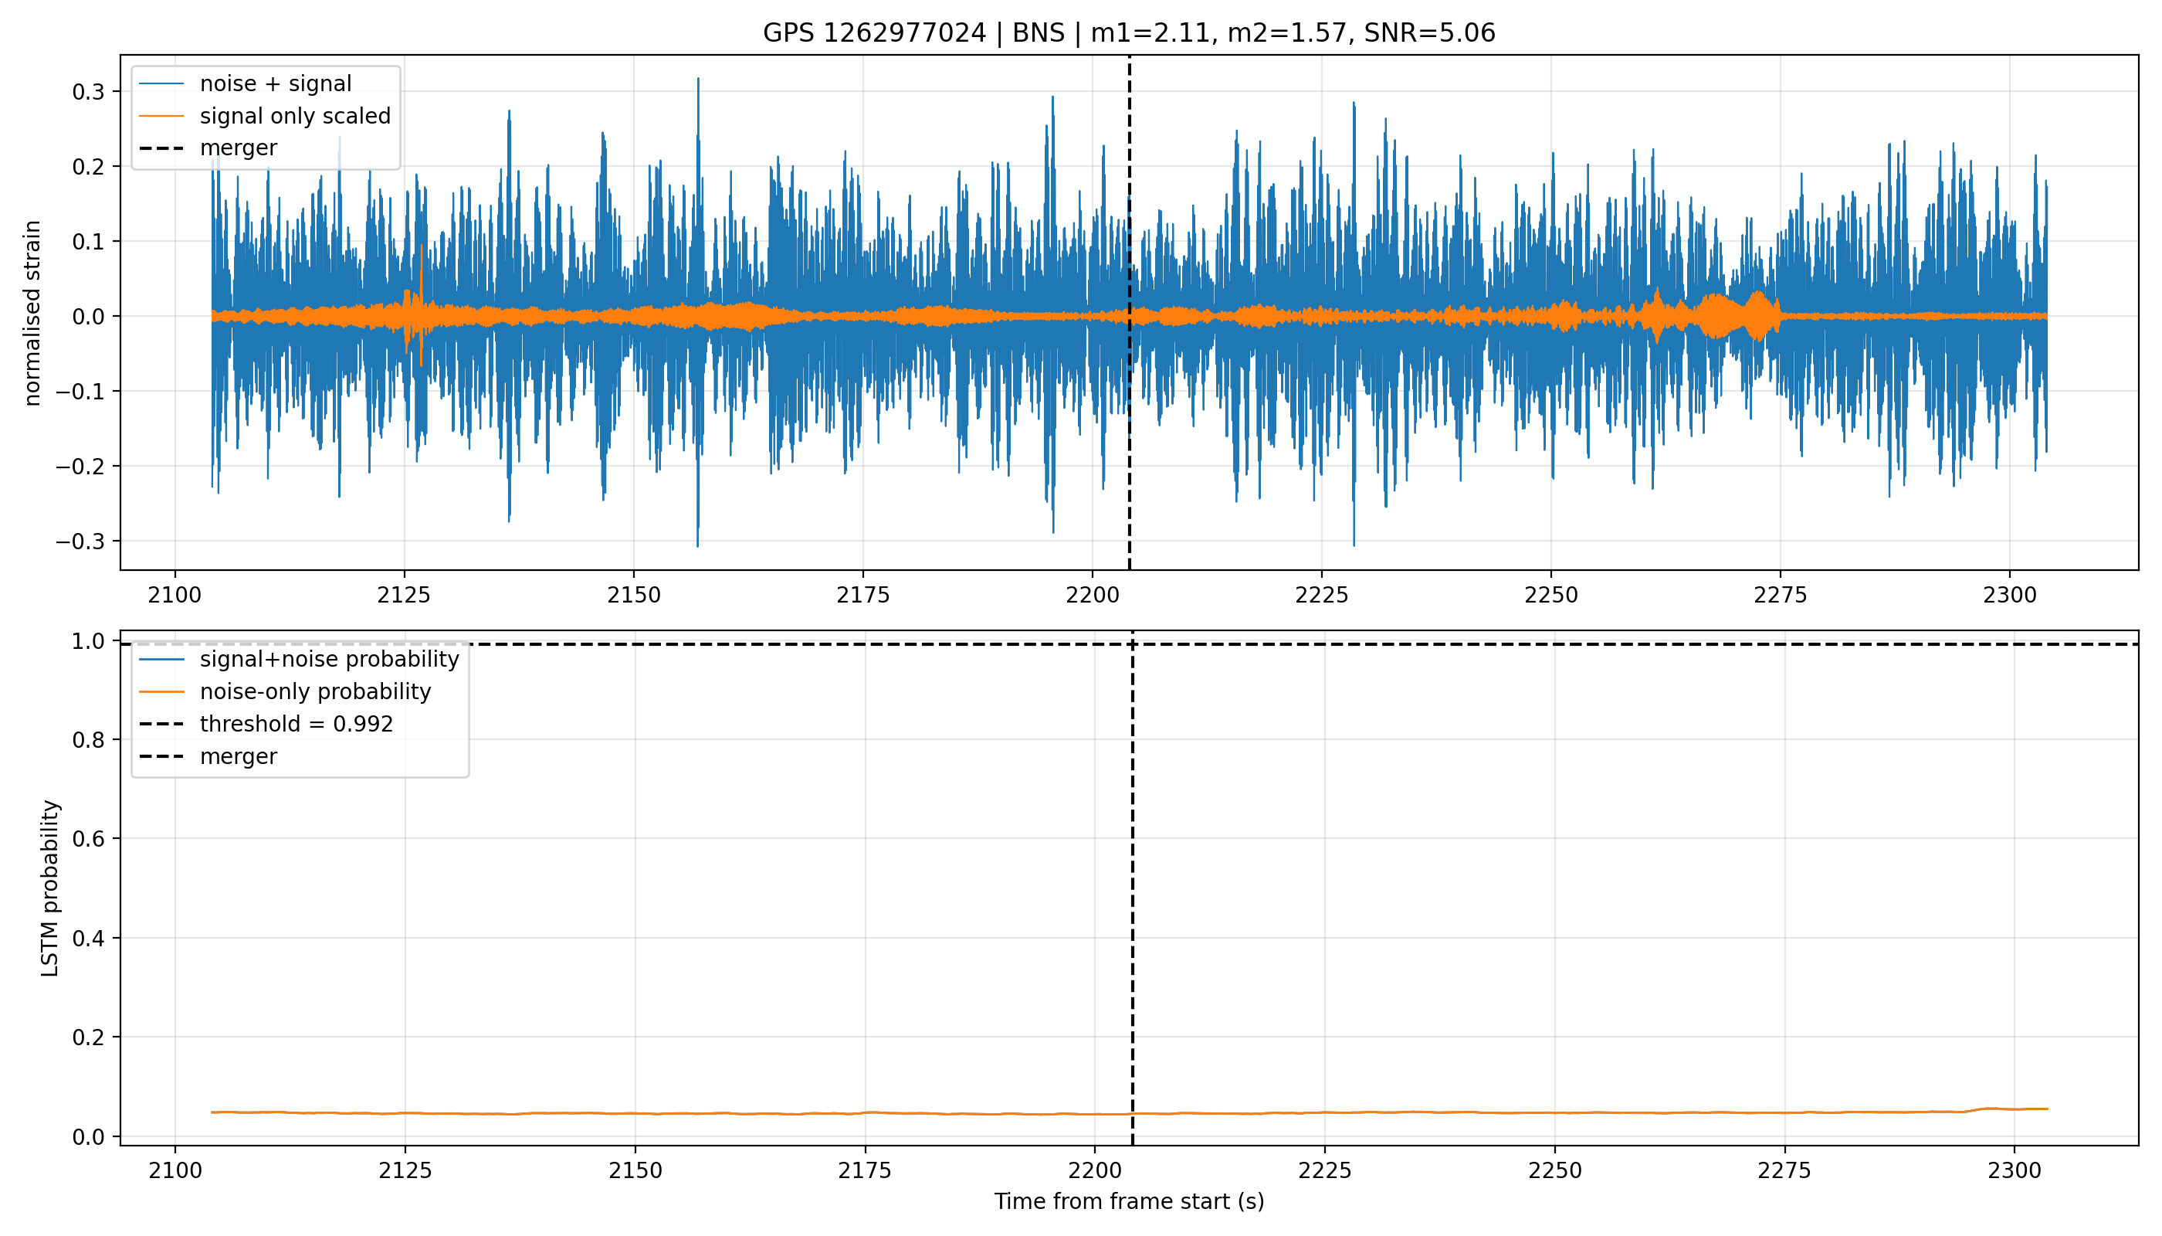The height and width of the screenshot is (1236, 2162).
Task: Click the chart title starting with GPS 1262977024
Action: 1129,33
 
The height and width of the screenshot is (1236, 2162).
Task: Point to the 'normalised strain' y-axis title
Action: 32,313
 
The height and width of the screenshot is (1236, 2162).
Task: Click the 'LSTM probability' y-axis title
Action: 50,888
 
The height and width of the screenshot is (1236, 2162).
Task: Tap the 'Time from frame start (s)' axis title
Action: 1130,1201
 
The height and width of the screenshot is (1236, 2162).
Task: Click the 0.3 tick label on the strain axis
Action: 88,92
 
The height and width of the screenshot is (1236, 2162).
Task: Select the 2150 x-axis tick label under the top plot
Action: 634,595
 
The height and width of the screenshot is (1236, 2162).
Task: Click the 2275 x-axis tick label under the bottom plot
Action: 1785,1170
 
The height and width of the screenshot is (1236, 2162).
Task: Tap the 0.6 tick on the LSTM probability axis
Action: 88,839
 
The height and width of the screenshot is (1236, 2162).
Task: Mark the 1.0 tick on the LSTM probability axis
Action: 88,641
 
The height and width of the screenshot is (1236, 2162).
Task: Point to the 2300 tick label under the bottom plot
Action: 2015,1170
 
